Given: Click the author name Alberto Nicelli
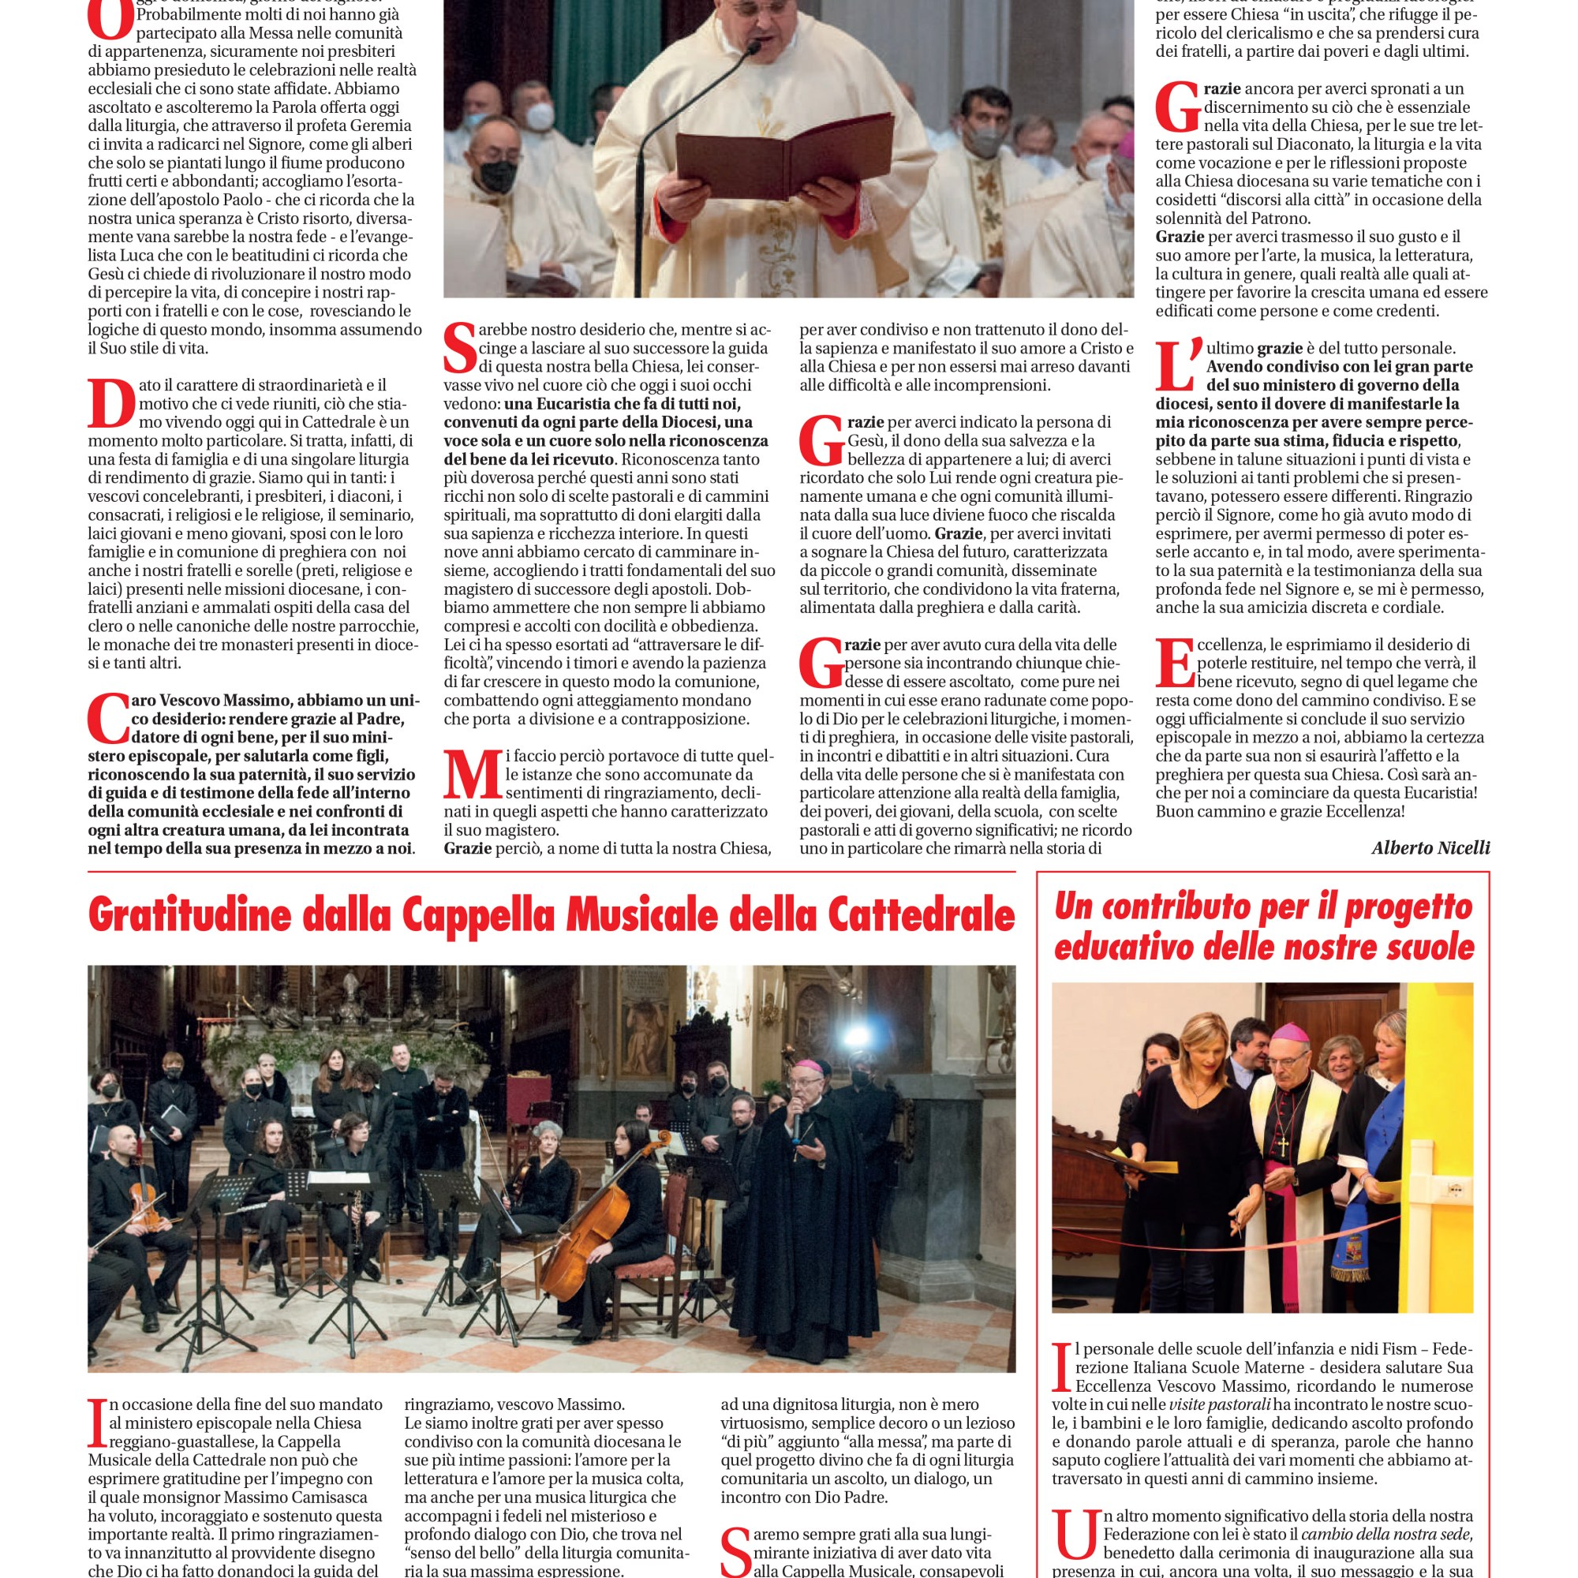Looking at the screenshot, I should [x=1430, y=848].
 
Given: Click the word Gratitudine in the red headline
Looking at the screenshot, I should [x=189, y=914].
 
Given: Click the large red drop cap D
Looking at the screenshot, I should [x=110, y=402].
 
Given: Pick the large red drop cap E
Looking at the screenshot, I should [x=1175, y=663].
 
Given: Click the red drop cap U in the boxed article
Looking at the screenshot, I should [x=1074, y=1534].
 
